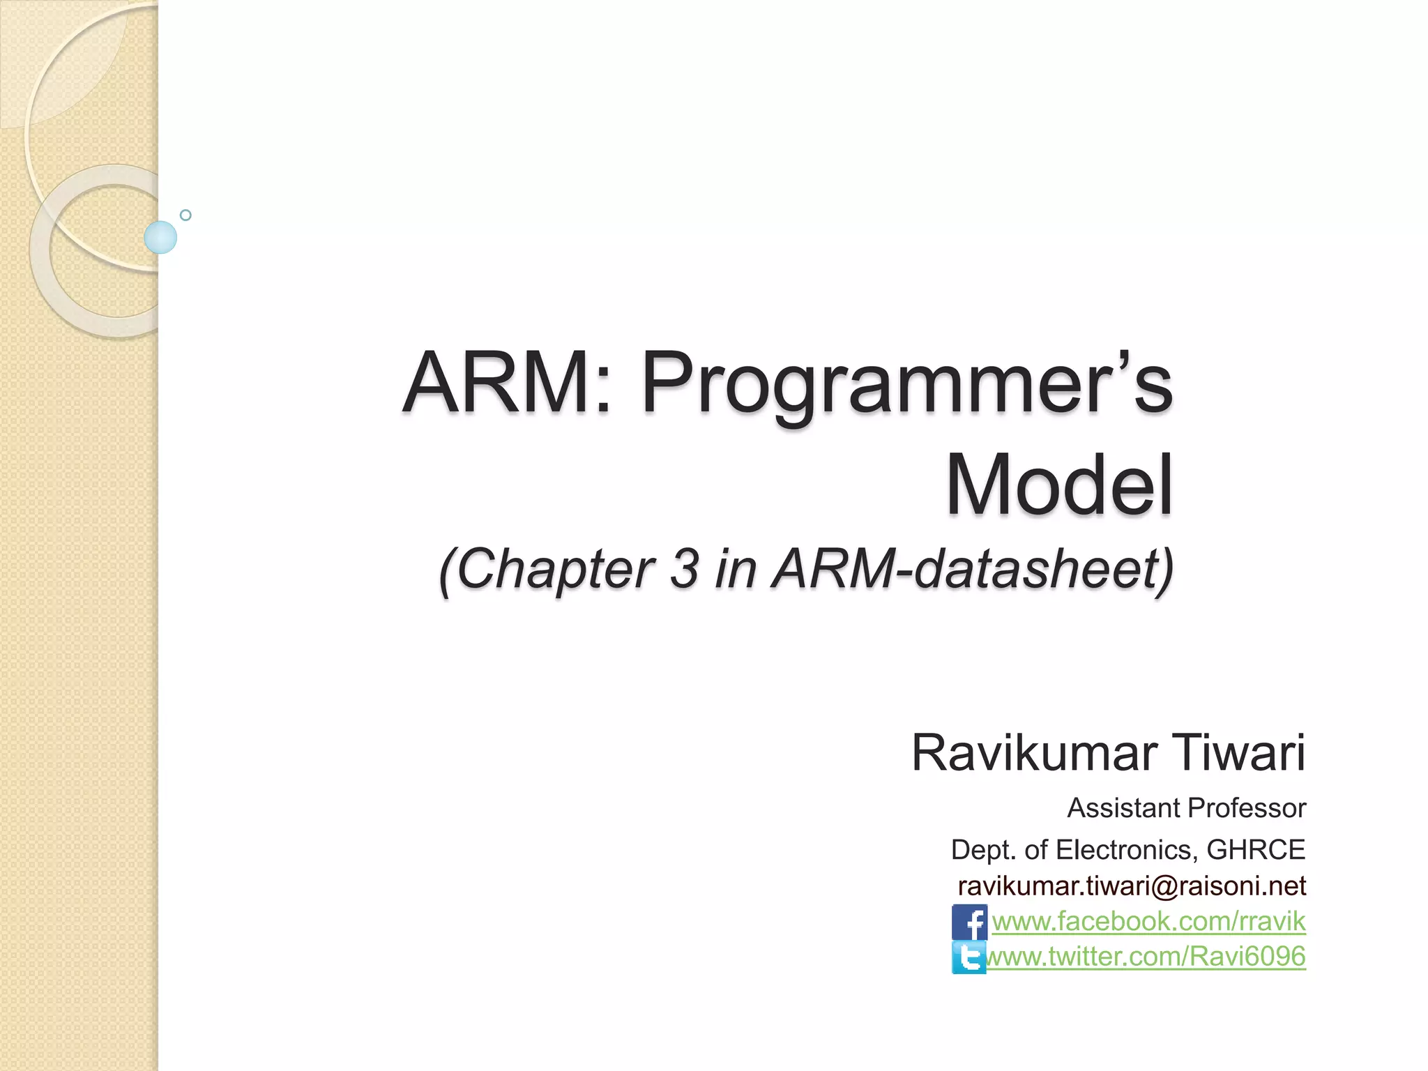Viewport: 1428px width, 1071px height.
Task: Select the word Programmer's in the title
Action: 906,387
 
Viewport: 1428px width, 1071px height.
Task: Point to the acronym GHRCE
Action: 1256,850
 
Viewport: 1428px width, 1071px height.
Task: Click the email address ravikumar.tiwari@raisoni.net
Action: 1132,886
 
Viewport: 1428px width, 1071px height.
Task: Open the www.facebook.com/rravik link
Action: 1148,921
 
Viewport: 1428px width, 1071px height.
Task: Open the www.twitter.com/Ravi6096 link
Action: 1147,956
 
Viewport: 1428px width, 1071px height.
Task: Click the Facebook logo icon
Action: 969,922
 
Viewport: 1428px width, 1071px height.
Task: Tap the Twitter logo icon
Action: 969,957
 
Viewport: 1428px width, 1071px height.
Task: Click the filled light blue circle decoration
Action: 160,237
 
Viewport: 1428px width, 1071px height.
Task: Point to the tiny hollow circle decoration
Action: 185,215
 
